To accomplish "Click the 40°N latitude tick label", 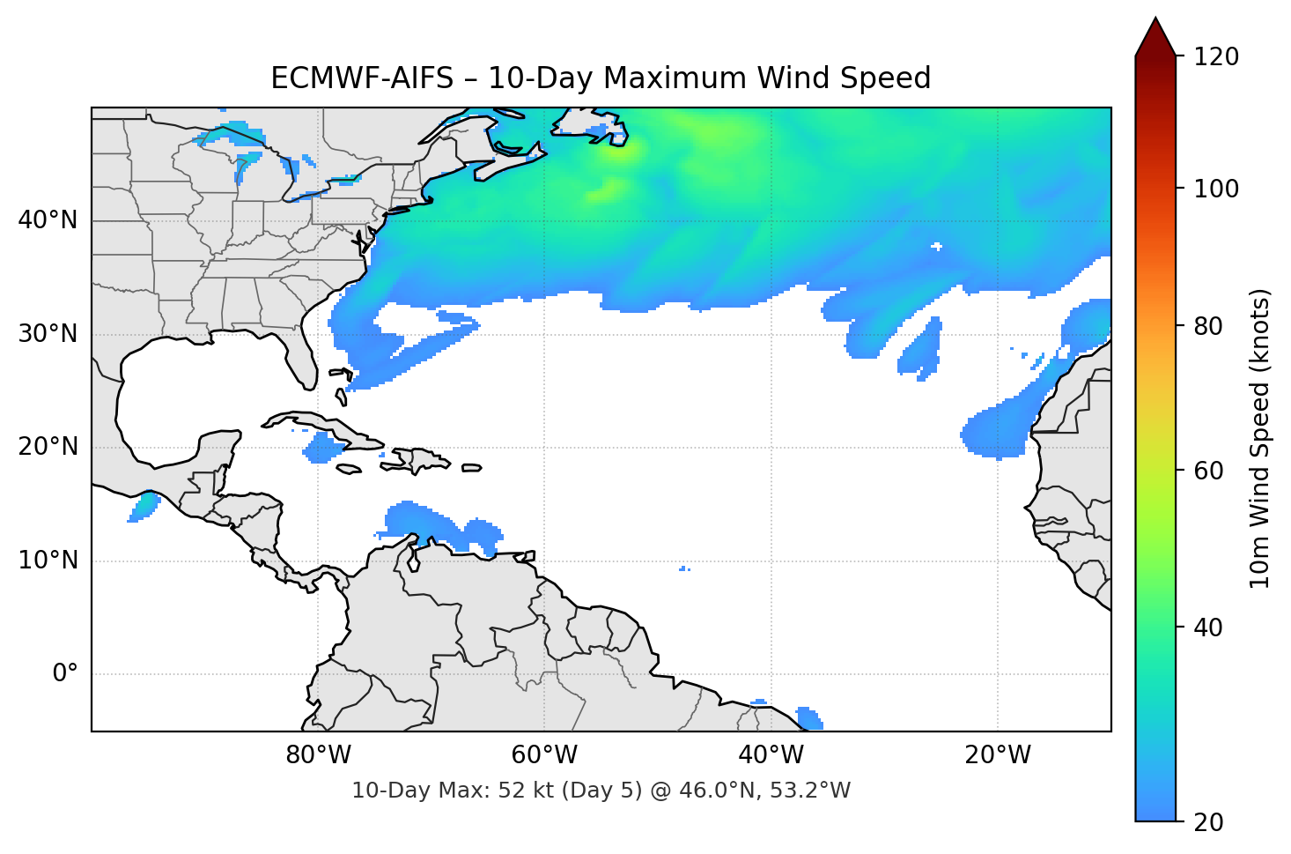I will (x=48, y=220).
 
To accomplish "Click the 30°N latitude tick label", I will (x=48, y=334).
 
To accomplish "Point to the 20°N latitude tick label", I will (x=48, y=447).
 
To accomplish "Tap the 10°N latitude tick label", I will (x=48, y=561).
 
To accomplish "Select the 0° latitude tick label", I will (x=65, y=674).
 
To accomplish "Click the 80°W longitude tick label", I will (x=319, y=755).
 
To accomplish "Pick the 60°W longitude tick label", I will (x=545, y=755).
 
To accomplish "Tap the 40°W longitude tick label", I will (x=771, y=755).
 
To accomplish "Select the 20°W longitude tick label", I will (x=998, y=755).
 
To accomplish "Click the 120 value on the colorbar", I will (x=1216, y=57).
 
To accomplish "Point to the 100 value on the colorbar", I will (x=1216, y=189).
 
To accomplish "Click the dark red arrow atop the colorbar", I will (x=1155, y=38).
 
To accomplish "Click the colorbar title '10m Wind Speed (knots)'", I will (x=1260, y=438).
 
